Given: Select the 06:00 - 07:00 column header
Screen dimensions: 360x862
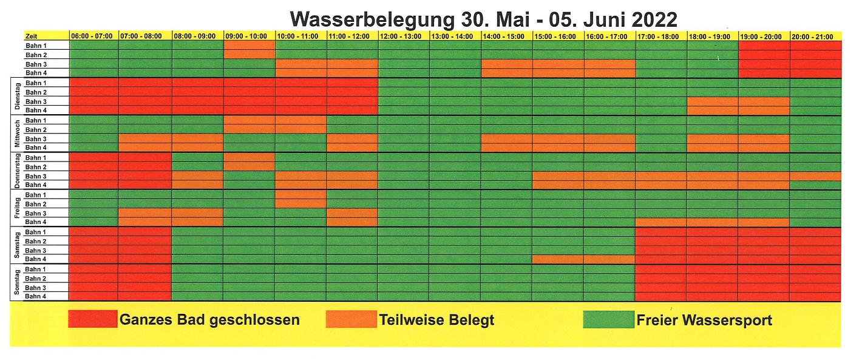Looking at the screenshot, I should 93,36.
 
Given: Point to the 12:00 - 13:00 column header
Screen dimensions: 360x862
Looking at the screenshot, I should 404,36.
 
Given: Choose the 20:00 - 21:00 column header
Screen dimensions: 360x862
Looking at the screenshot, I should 815,36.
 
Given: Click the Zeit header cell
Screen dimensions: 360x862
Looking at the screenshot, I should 46,36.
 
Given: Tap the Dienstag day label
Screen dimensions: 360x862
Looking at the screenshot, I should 18,96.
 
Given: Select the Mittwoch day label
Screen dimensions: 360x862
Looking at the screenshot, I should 18,134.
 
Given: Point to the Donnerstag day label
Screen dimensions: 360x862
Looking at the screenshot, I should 18,171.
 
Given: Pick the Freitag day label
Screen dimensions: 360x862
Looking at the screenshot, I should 18,208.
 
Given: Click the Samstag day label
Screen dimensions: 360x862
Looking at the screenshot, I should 18,245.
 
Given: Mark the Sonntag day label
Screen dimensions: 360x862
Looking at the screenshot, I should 18,282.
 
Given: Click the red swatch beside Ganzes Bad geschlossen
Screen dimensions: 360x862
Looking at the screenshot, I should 92,319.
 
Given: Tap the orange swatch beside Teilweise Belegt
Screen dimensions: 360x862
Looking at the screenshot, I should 350,319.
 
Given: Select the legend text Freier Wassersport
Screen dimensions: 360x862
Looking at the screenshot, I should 704,320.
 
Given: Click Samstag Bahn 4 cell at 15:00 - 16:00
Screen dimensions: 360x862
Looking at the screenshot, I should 558,259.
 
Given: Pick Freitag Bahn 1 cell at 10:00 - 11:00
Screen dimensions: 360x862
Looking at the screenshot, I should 301,195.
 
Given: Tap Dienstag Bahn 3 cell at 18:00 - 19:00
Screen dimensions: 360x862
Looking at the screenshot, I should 713,101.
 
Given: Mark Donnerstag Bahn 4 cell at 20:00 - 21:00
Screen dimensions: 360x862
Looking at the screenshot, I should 815,185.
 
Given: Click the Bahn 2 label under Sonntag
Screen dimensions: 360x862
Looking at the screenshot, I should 36,279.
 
